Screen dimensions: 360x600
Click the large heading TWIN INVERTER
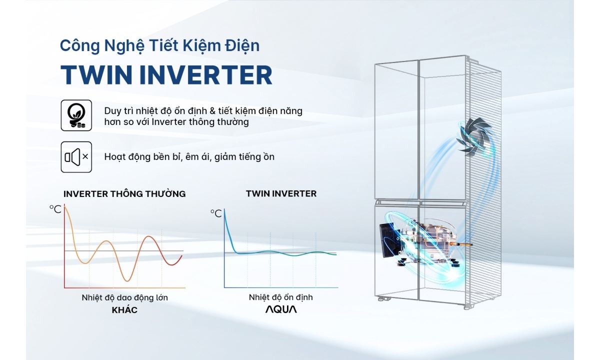[x=166, y=75]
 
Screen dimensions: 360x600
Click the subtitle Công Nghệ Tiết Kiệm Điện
[x=159, y=45]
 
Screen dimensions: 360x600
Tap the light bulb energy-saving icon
[x=76, y=115]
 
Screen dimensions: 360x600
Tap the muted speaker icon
[x=76, y=157]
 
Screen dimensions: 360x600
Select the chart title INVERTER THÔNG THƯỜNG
[x=124, y=194]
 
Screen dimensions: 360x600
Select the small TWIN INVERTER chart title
[x=281, y=193]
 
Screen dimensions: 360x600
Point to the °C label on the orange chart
[x=55, y=209]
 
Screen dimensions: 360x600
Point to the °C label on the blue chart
[x=216, y=213]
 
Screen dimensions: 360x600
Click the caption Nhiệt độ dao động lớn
[x=124, y=297]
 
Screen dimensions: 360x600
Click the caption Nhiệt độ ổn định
[x=280, y=297]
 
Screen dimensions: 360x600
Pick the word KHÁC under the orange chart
[x=124, y=310]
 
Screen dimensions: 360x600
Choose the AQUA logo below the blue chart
[x=280, y=309]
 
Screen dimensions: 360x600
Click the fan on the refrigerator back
[x=473, y=136]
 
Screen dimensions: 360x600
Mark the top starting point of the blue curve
[x=224, y=210]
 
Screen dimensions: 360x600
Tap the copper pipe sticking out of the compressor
[x=464, y=244]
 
